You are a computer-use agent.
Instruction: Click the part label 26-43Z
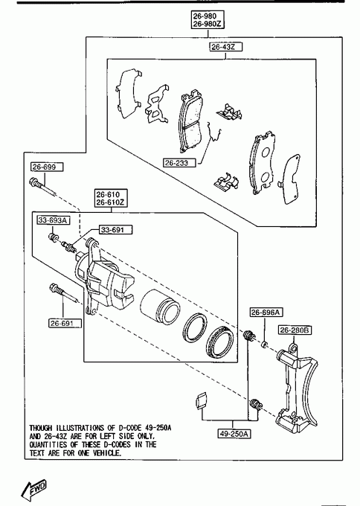click(x=225, y=47)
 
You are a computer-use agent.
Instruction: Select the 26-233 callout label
click(x=179, y=163)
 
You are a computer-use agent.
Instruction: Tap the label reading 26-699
click(x=47, y=167)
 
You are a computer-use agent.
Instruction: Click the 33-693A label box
click(x=54, y=220)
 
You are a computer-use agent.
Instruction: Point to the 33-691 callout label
click(x=116, y=230)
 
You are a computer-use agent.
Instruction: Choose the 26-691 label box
click(x=65, y=323)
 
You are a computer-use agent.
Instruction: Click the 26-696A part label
click(x=266, y=313)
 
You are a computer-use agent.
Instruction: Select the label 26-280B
click(x=295, y=330)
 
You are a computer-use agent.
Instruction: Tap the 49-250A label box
click(x=234, y=433)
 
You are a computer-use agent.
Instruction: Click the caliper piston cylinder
click(x=159, y=307)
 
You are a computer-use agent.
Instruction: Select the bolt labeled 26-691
click(x=63, y=292)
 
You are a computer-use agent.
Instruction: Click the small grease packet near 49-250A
click(x=202, y=400)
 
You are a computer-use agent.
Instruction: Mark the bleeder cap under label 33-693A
click(x=54, y=238)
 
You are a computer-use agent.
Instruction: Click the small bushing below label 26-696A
click(x=265, y=345)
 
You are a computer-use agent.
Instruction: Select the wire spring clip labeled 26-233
click(x=214, y=132)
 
